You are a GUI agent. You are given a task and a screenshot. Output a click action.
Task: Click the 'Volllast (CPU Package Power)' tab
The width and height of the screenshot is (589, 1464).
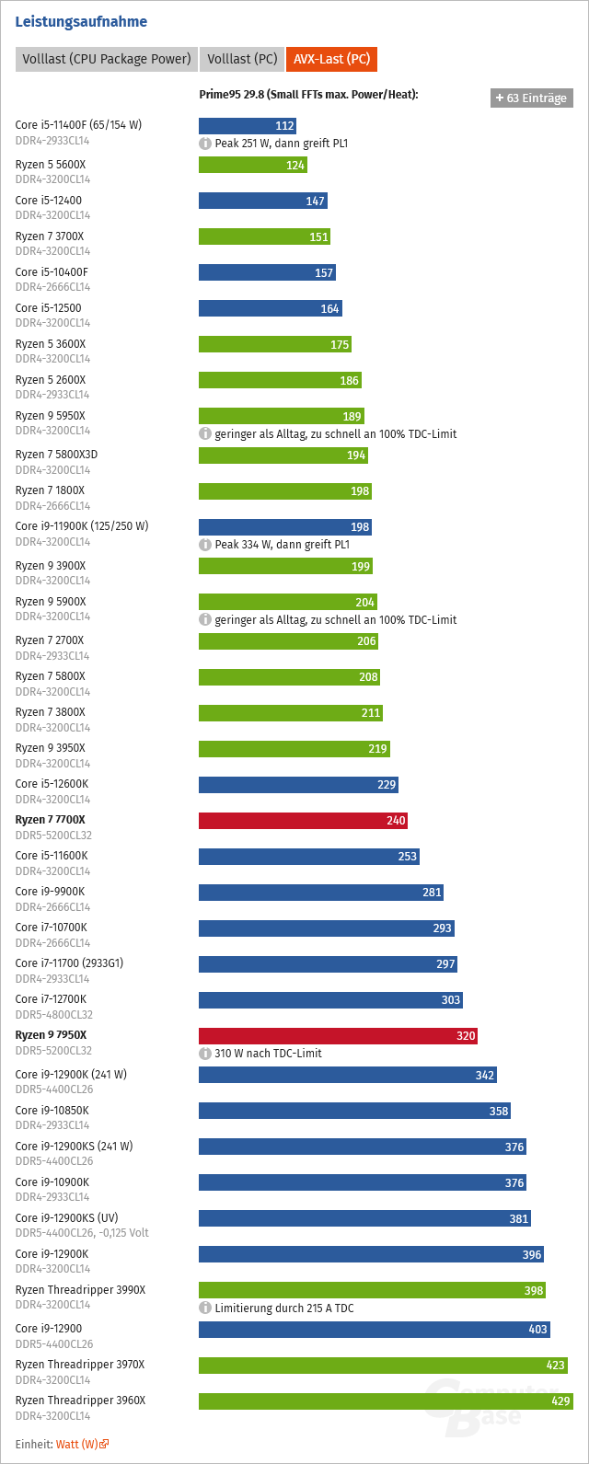tap(106, 59)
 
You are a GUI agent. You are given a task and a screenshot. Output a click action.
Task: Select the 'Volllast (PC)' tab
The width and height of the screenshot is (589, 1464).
tap(242, 59)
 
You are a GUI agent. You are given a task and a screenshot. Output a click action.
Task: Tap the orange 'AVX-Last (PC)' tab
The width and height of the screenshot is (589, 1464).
tap(331, 59)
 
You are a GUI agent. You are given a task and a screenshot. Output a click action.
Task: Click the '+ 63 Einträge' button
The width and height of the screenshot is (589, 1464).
tap(531, 98)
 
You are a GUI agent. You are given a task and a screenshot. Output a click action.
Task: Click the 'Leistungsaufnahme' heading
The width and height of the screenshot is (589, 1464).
tap(81, 21)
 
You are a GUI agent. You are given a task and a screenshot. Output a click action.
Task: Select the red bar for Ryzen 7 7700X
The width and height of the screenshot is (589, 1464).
tap(303, 821)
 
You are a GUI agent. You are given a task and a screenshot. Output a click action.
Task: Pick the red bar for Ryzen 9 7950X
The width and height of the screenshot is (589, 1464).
tap(338, 1036)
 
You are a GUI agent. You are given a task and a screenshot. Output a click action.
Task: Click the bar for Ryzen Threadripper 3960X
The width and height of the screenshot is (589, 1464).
tap(386, 1401)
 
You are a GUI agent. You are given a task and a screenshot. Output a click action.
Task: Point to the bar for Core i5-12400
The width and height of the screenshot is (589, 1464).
tap(262, 201)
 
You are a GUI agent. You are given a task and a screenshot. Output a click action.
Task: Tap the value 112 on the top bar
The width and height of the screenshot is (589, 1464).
tap(284, 126)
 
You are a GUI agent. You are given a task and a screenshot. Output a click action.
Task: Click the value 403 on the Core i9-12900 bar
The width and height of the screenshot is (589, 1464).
tap(537, 1330)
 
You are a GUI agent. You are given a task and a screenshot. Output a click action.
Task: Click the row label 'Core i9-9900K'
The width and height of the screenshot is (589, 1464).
tap(50, 891)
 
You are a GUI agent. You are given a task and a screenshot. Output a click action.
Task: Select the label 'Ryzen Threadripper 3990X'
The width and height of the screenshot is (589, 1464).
tap(80, 1289)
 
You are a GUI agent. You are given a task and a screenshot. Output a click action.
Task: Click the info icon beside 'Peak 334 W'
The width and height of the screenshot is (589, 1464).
tap(206, 545)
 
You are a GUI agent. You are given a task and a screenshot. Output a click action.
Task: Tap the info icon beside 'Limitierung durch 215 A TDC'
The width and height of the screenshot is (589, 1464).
tap(206, 1308)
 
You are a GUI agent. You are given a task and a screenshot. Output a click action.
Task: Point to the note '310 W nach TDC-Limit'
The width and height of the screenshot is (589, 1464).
tap(268, 1054)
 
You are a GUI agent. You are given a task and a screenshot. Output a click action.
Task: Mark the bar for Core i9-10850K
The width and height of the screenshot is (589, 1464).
tap(354, 1111)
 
